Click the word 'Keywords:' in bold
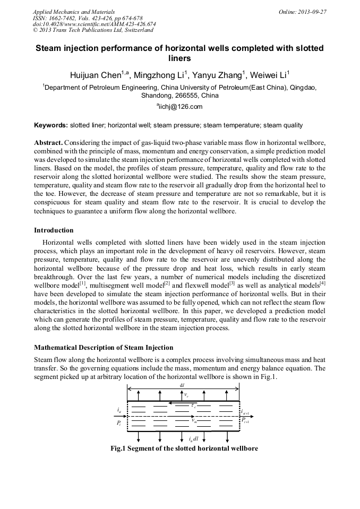click(51, 126)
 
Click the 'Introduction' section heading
click(54, 230)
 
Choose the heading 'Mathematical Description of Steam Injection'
click(104, 348)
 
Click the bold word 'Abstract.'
click(48, 143)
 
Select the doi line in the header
click(94, 24)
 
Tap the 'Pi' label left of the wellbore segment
click(119, 423)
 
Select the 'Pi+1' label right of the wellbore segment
click(245, 420)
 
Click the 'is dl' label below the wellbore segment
click(193, 439)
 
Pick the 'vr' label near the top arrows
click(186, 395)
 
